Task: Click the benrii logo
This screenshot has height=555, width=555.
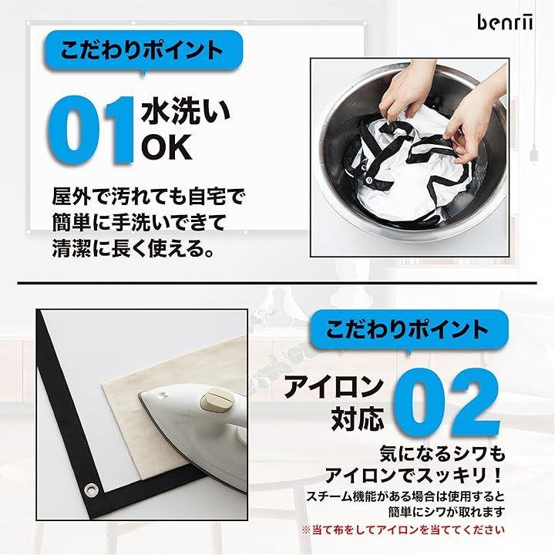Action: pos(504,22)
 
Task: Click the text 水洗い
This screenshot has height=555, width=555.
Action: pos(186,113)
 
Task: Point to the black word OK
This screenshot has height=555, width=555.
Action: pos(166,147)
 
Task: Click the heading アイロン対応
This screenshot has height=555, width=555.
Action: pos(334,403)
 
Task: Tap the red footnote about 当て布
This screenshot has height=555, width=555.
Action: pos(403,530)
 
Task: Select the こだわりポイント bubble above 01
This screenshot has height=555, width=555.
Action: pos(143,50)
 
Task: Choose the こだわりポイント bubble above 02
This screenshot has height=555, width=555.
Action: pos(408,330)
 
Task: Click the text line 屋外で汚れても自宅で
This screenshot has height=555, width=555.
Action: pos(149,197)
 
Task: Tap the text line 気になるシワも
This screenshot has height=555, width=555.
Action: pos(442,453)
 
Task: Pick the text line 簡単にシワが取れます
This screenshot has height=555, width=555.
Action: pos(446,512)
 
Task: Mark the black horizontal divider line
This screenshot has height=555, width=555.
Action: pos(277,283)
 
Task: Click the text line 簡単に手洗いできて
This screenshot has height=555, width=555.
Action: pos(139,223)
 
